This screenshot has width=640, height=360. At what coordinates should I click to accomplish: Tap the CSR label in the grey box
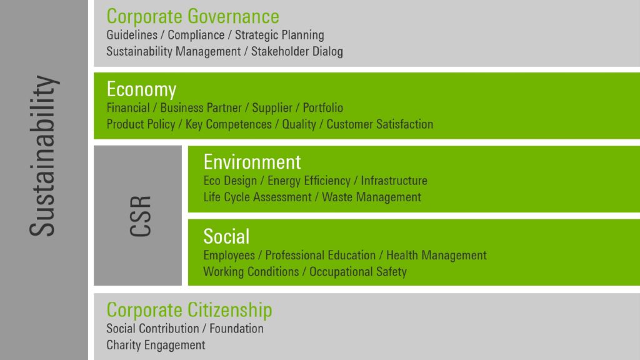[x=141, y=216]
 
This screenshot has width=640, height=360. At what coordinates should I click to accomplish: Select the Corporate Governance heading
[x=192, y=17]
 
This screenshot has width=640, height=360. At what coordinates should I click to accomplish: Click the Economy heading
[x=141, y=89]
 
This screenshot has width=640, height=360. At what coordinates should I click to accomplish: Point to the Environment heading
[x=252, y=162]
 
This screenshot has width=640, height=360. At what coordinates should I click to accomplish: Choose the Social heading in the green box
[x=226, y=236]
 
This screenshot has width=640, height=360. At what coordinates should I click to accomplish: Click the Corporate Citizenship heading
[x=189, y=310]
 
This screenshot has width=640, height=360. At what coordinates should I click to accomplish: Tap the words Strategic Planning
[x=279, y=35]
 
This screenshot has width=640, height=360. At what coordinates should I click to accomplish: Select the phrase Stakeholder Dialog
[x=297, y=51]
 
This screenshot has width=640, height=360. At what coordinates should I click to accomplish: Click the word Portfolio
[x=323, y=107]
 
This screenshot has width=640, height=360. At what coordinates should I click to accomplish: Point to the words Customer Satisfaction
[x=379, y=124]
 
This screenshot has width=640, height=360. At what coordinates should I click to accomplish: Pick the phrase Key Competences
[x=229, y=124]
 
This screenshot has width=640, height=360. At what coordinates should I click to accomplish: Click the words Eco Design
[x=230, y=181]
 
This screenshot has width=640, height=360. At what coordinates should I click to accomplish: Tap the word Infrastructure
[x=394, y=181]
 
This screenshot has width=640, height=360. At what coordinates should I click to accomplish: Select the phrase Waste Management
[x=371, y=197]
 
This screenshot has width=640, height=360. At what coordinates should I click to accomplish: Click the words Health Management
[x=436, y=255]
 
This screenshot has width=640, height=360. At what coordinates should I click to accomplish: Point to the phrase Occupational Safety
[x=358, y=272]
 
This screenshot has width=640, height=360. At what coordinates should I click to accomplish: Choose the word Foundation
[x=236, y=329]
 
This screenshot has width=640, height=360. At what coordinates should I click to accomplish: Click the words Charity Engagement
[x=156, y=345]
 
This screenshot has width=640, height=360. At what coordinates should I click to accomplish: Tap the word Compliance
[x=196, y=35]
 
